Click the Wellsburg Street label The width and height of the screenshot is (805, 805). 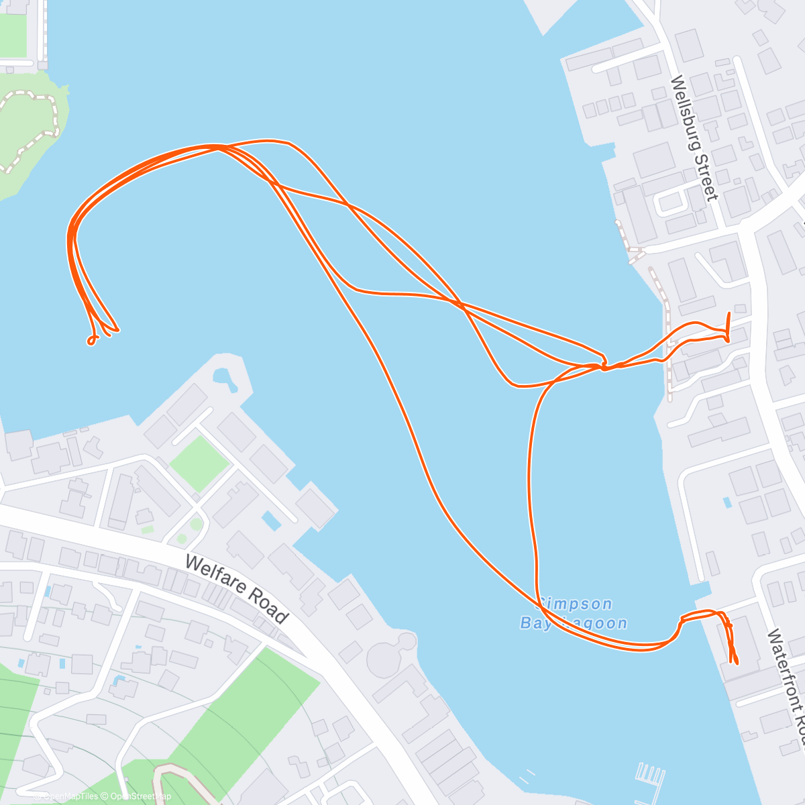click(x=694, y=138)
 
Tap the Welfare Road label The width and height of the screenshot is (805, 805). click(x=236, y=588)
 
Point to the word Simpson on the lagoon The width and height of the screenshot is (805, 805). click(x=568, y=604)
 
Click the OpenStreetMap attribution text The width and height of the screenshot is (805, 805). click(x=141, y=796)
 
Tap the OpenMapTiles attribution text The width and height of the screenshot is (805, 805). click(x=70, y=796)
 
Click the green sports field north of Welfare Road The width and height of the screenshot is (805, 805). click(x=199, y=462)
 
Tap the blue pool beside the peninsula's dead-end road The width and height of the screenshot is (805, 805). click(x=271, y=521)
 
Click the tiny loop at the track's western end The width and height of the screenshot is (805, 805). click(x=91, y=341)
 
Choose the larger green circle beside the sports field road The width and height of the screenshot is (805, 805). click(x=195, y=524)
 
